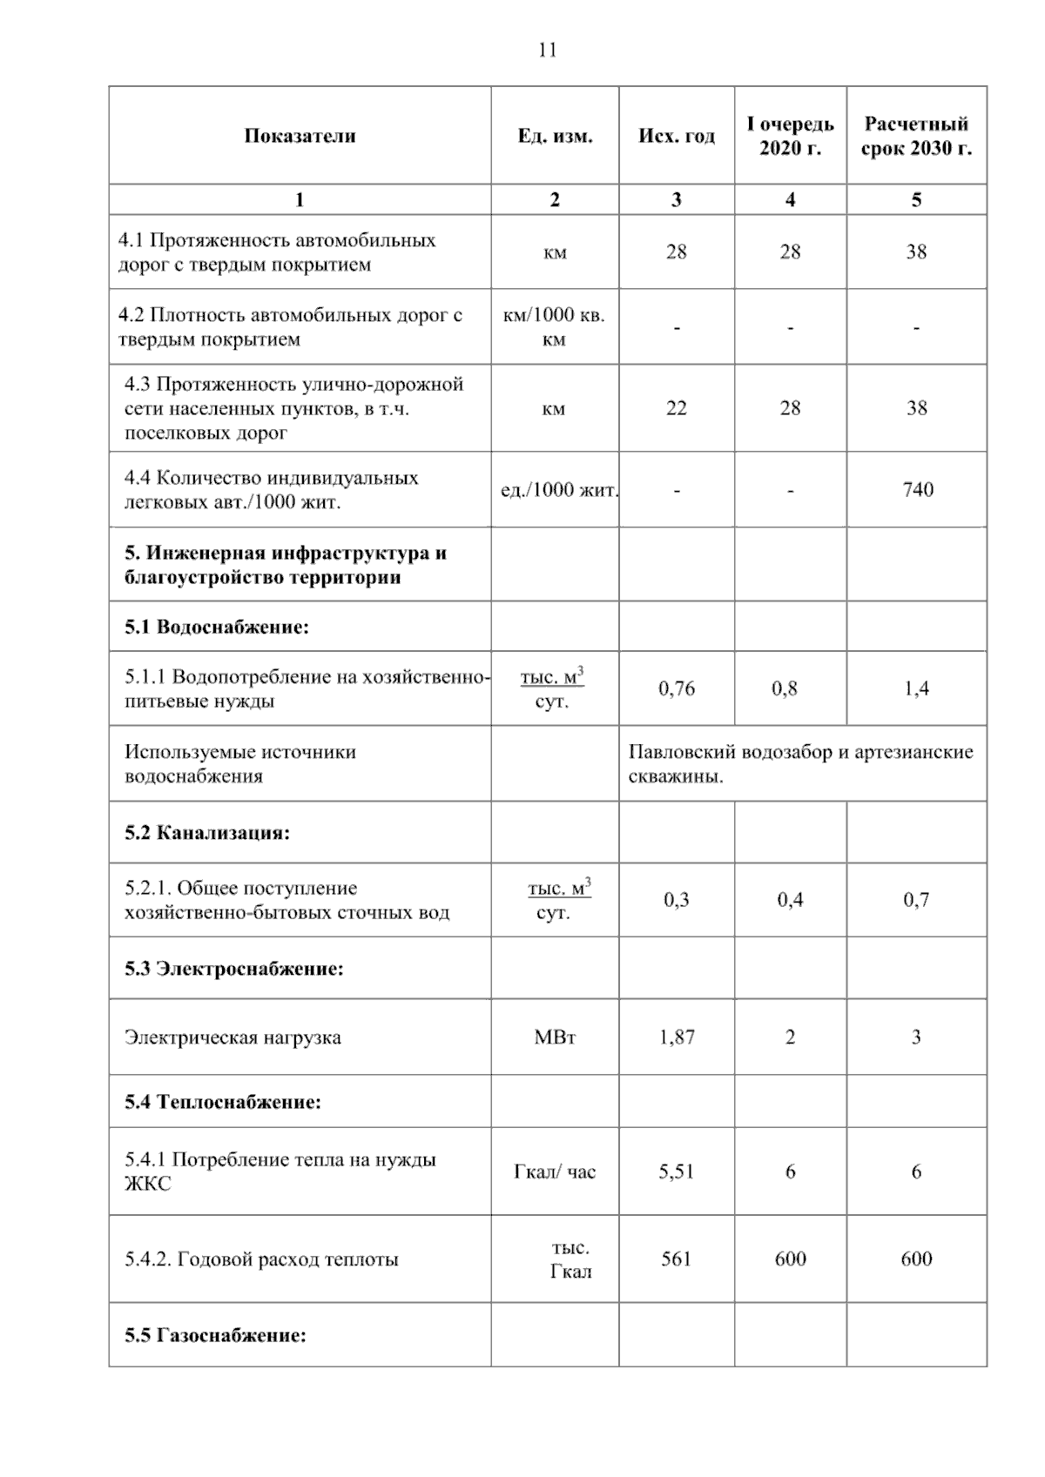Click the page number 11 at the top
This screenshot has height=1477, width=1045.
click(547, 50)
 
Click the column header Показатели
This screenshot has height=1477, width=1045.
click(300, 136)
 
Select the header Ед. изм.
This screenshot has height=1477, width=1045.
click(555, 137)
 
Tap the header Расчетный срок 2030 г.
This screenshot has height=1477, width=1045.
click(916, 136)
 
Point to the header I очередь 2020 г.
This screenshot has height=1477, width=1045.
click(790, 136)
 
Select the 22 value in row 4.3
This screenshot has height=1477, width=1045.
click(676, 408)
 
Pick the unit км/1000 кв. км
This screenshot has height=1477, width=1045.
click(554, 326)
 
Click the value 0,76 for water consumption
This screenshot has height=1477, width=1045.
click(677, 688)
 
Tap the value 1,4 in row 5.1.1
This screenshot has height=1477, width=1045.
click(916, 688)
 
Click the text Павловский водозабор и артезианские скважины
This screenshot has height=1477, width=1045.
click(800, 763)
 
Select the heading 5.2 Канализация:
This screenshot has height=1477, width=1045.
click(207, 833)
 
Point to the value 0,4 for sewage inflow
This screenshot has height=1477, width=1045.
click(790, 900)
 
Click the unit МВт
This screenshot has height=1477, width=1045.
click(555, 1037)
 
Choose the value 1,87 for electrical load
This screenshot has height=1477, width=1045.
click(677, 1037)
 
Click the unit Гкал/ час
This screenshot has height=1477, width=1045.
click(555, 1172)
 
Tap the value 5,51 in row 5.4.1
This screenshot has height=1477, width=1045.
click(677, 1172)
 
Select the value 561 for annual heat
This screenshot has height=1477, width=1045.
click(676, 1259)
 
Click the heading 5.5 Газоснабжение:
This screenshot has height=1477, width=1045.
click(215, 1335)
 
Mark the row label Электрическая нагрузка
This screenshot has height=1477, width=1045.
click(233, 1037)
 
